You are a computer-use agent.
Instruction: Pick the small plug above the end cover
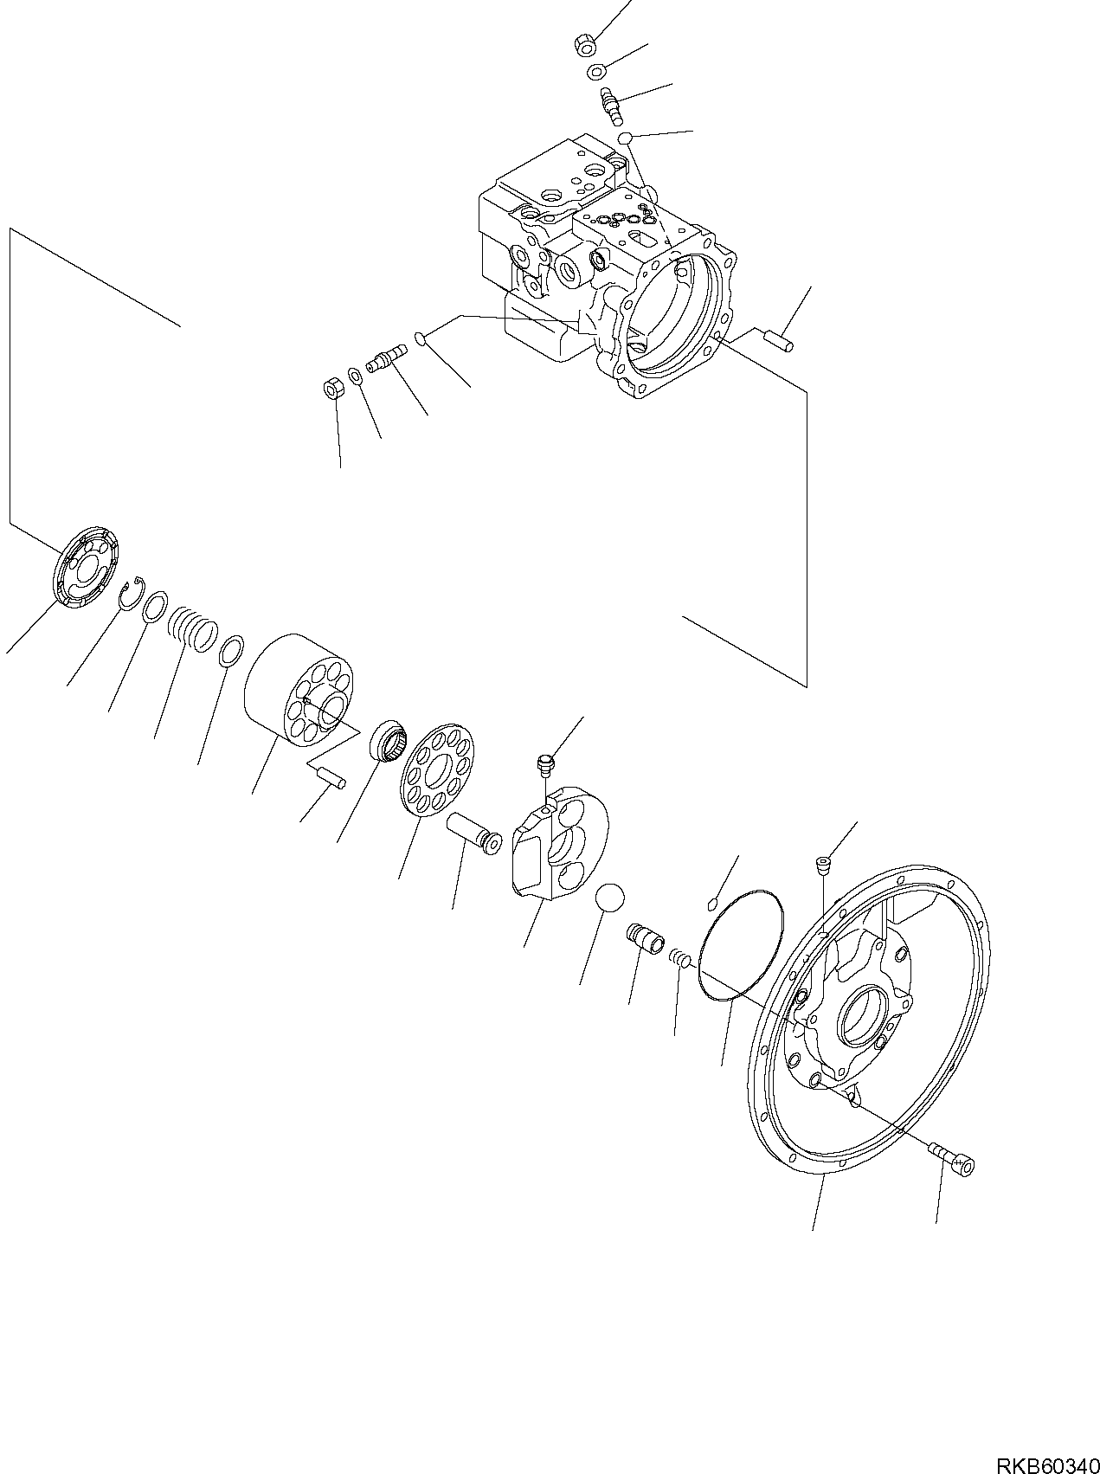pyautogui.click(x=822, y=863)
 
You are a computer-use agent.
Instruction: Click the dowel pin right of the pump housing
pyautogui.click(x=778, y=339)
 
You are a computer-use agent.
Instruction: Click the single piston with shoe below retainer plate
pyautogui.click(x=473, y=833)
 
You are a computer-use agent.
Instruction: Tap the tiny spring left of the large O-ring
pyautogui.click(x=681, y=958)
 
